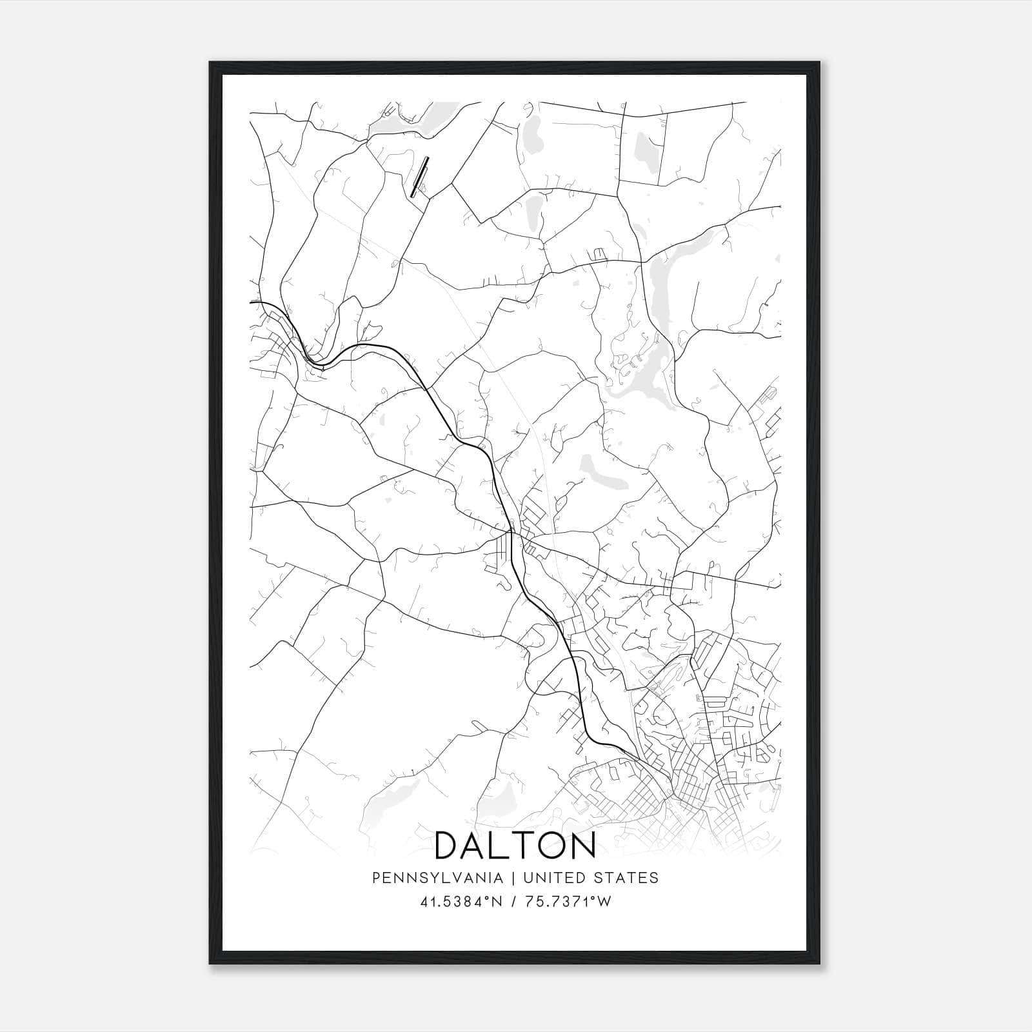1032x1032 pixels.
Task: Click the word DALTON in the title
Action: point(515,846)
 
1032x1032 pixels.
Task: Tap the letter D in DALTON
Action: point(449,846)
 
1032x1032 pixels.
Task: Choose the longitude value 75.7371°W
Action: point(567,902)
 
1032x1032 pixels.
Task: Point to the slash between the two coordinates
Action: point(513,902)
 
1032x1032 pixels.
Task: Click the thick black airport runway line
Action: point(420,176)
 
